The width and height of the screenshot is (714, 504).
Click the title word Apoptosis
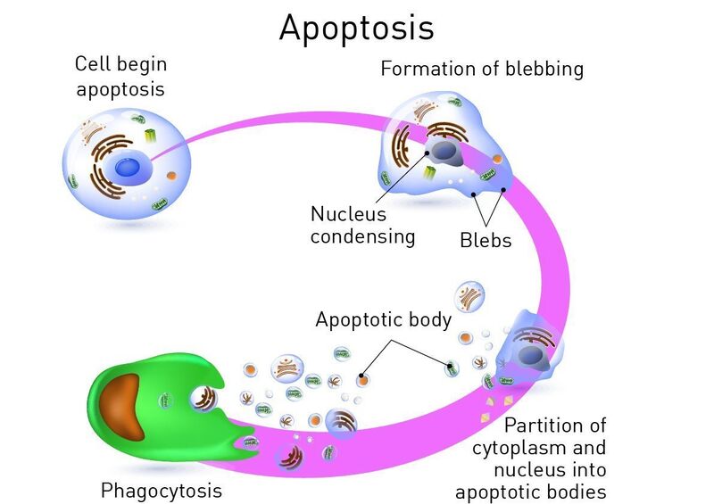coord(356,29)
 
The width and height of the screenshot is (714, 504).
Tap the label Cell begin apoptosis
coord(120,76)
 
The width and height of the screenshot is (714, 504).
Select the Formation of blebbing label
coord(482,70)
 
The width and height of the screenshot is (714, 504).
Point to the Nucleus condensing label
coord(362,226)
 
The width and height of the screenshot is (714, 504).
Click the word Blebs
coord(486,240)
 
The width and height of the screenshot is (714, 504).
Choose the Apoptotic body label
coord(384,319)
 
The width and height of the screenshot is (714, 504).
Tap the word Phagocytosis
coord(162,491)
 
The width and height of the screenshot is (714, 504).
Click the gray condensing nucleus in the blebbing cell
coord(444,152)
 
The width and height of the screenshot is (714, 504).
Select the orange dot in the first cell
coord(171,175)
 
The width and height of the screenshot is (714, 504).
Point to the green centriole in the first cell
coord(150,136)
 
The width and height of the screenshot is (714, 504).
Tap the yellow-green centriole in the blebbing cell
coord(429,172)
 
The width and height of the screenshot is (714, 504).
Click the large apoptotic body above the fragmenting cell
coord(469,297)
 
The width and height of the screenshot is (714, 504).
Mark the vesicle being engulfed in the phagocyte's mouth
coord(204,399)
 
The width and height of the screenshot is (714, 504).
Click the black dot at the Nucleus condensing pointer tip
coord(428,153)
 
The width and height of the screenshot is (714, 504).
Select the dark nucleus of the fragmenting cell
coord(530,355)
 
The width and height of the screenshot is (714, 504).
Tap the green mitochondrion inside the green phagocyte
coord(166,401)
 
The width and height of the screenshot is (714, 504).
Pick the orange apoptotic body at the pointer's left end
coord(362,379)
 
